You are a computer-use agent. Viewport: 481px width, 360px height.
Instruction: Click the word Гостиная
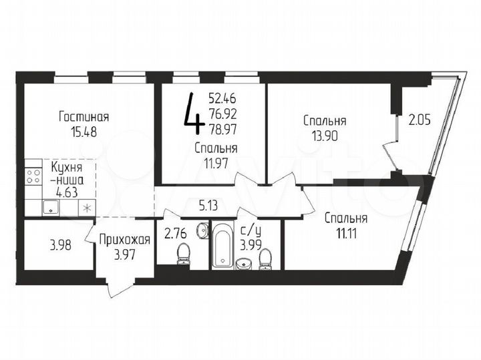click(x=84, y=118)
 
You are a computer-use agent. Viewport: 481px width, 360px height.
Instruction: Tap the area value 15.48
click(x=84, y=132)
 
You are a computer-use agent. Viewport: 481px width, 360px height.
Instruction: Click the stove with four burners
click(x=33, y=177)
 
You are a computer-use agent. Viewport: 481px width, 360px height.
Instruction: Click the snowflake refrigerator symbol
click(x=85, y=208)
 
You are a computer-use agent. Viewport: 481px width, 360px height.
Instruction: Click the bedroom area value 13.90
click(x=325, y=136)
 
